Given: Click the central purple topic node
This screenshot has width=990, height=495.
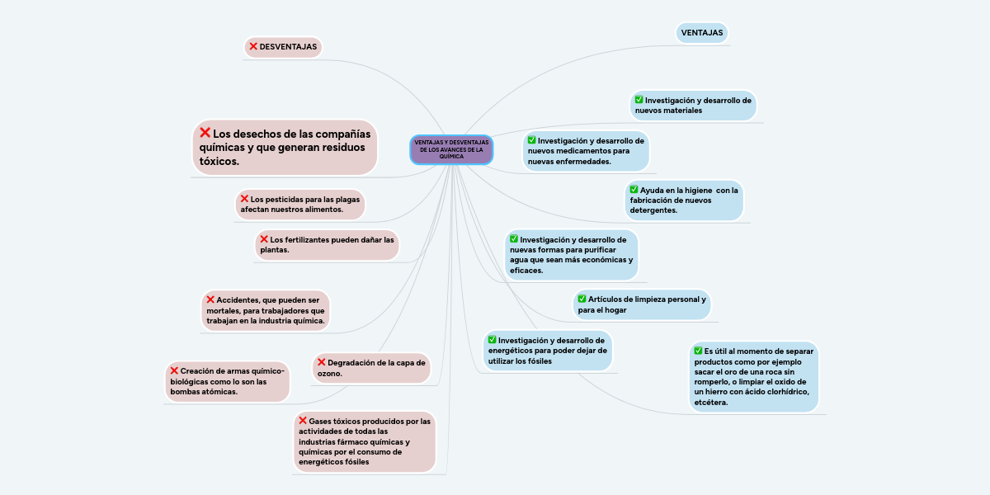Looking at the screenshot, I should tap(451, 149).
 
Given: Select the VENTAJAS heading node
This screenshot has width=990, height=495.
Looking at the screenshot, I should tap(701, 33).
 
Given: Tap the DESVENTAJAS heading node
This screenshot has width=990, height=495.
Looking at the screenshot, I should tap(283, 47).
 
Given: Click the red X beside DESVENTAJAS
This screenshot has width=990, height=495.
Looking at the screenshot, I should tap(253, 46).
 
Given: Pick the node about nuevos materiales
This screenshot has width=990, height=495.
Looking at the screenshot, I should tap(693, 105).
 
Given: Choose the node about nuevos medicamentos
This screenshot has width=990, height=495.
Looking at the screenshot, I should tap(586, 151).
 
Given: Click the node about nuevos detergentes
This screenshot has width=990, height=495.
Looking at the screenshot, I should tap(684, 200).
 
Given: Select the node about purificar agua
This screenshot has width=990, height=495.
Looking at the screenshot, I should tap(571, 254).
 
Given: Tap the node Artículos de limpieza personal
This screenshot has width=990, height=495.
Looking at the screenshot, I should tap(642, 304).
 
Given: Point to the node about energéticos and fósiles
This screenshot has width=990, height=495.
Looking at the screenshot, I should tap(548, 351).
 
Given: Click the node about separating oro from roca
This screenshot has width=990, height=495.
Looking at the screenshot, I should tap(754, 376).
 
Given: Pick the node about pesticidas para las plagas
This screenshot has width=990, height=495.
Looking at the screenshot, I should tap(299, 205).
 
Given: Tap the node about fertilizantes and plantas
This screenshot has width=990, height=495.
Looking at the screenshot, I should tap(327, 243).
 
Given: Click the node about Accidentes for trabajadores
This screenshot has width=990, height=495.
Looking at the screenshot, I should tap(265, 309).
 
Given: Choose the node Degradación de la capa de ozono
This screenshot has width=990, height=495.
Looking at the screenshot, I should tap(371, 368).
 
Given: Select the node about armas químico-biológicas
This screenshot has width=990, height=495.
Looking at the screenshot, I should tap(227, 381).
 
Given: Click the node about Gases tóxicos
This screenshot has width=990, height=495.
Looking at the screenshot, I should tap(364, 441).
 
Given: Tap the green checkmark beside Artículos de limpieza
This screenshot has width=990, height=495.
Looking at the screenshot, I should tap(582, 298).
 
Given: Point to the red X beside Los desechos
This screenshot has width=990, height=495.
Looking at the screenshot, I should tap(205, 132).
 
